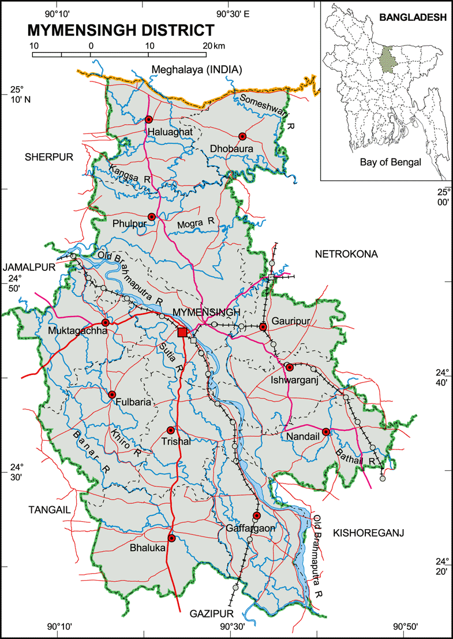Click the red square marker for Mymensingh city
click(182, 332)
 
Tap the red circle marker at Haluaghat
click(149, 120)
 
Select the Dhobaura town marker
click(242, 136)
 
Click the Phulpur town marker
click(152, 217)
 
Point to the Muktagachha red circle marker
click(106, 322)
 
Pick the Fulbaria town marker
click(112, 395)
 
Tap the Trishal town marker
click(170, 430)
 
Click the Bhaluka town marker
click(171, 538)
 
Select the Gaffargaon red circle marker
click(257, 515)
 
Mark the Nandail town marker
click(325, 432)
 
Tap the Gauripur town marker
click(263, 327)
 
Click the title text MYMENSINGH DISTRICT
click(121, 30)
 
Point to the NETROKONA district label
click(345, 254)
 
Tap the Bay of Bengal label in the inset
click(391, 162)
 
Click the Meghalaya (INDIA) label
click(196, 70)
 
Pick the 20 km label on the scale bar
click(211, 45)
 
